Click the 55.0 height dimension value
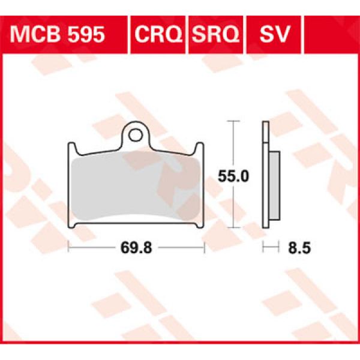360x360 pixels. pos(229,176)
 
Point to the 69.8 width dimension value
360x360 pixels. pos(136,247)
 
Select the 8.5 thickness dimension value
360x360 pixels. pos(298,247)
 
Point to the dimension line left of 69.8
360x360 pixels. pos(90,247)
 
